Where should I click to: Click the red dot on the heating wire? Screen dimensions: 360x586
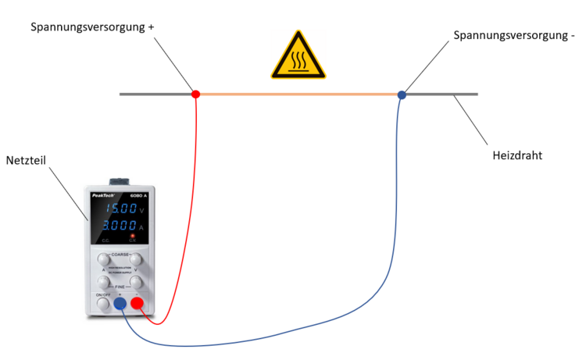[x=195, y=94]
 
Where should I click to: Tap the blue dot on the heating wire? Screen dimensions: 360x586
[x=402, y=94]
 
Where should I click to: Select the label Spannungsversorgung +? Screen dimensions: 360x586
[x=92, y=27]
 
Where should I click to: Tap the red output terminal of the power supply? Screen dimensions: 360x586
[x=138, y=305]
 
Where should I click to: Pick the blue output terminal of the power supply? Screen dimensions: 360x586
[x=120, y=305]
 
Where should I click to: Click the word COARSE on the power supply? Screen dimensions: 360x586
[x=120, y=255]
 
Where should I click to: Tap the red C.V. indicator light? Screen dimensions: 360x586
[x=134, y=236]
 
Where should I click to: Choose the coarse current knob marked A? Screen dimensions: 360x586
[x=104, y=258]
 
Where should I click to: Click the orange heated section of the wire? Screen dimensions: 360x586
[x=297, y=94]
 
